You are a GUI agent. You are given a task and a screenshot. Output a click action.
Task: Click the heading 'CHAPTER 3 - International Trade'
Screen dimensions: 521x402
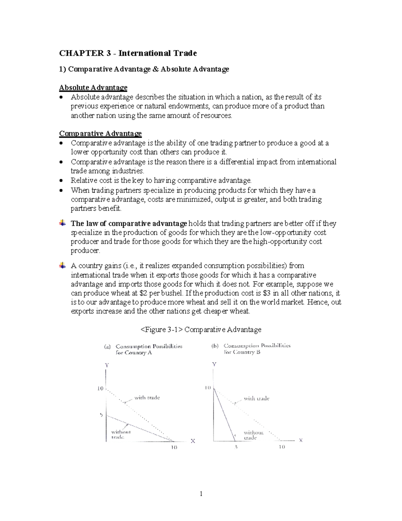click(x=128, y=53)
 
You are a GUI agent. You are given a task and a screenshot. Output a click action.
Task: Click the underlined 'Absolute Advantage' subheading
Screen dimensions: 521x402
click(x=93, y=88)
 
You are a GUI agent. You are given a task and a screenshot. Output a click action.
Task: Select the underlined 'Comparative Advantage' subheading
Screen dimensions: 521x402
click(x=100, y=134)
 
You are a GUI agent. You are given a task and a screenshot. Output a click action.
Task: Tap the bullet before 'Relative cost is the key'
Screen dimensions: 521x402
click(x=61, y=180)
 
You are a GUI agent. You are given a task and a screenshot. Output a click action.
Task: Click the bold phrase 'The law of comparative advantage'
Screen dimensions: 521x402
click(x=129, y=223)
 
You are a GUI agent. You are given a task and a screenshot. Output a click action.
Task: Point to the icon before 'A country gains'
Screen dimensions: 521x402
click(x=62, y=266)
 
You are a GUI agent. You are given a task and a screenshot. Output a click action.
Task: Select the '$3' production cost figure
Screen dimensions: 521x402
click(x=267, y=293)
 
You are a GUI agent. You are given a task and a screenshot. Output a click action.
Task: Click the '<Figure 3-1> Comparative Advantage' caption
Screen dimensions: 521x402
click(x=201, y=330)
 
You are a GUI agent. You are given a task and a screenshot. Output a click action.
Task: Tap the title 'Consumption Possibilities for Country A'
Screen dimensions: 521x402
click(x=149, y=349)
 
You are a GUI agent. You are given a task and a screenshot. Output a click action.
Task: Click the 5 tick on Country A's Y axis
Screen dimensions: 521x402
click(x=101, y=415)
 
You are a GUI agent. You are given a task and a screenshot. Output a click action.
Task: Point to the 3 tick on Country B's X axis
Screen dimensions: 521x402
click(x=236, y=447)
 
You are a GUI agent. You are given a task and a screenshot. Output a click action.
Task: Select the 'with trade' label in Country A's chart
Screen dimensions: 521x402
click(x=147, y=398)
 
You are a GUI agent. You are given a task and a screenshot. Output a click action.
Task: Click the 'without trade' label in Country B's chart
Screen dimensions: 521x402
click(x=253, y=435)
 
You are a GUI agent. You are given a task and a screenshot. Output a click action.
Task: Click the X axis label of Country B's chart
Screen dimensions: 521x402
click(x=300, y=440)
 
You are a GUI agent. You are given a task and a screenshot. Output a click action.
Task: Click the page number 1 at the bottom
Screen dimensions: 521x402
click(x=201, y=493)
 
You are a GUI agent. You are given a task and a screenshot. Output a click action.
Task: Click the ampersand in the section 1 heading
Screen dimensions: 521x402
click(x=155, y=69)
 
